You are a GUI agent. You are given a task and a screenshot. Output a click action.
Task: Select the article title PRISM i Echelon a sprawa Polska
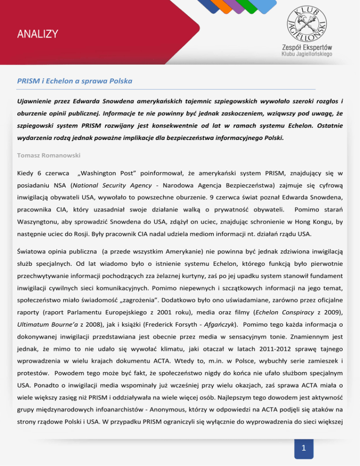75,81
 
